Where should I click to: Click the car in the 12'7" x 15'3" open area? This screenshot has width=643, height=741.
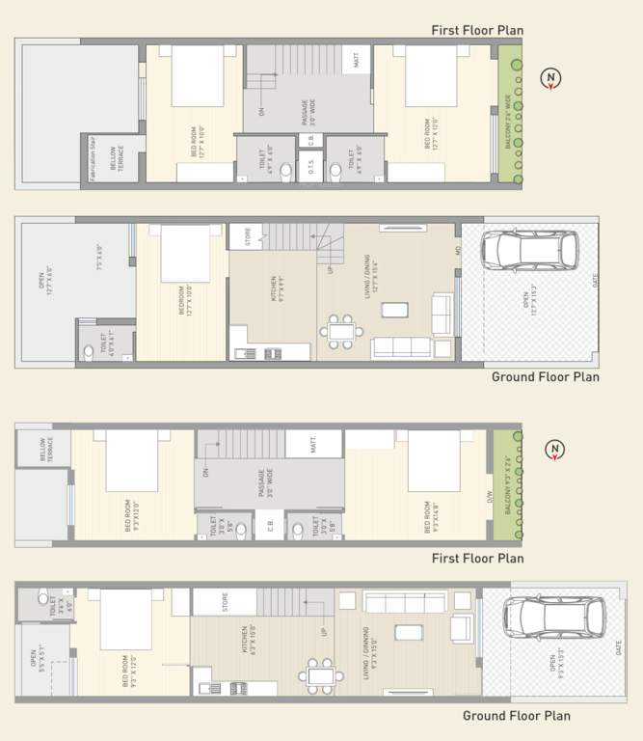tap(529, 251)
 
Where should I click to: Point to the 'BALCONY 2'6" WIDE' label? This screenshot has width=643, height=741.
tap(507, 115)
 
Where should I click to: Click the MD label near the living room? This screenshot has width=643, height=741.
tap(458, 252)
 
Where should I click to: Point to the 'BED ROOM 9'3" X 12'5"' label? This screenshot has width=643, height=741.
tap(129, 667)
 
